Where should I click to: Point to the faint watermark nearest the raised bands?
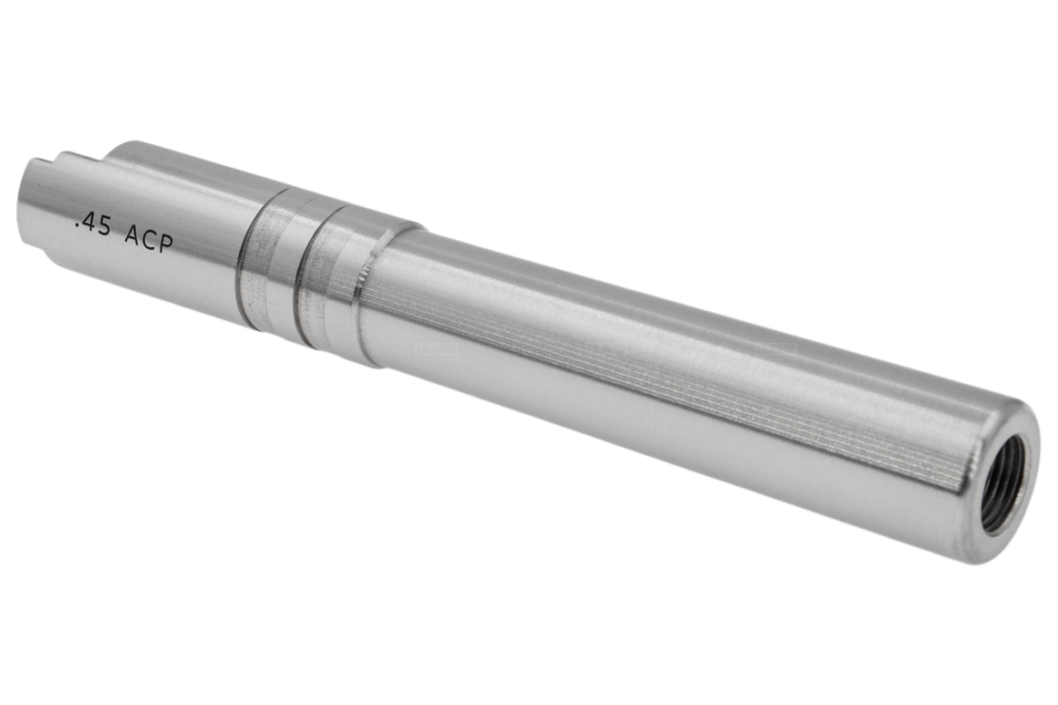[x=436, y=347]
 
